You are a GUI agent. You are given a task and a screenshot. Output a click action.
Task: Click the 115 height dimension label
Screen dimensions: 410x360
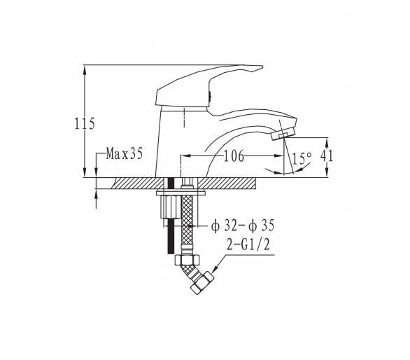point(85,123)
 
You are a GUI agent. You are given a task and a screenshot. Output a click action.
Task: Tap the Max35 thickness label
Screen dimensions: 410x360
point(125,153)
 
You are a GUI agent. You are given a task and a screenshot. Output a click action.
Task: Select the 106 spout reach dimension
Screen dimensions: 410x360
point(234,156)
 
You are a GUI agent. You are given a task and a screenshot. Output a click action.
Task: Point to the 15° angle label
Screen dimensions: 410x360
point(302,158)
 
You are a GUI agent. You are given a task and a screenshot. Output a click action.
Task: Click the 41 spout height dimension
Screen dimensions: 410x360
point(327,155)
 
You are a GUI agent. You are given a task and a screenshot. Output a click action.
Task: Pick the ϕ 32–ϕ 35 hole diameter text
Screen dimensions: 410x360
point(243,226)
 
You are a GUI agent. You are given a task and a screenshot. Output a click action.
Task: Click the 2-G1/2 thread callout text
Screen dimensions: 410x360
point(248,244)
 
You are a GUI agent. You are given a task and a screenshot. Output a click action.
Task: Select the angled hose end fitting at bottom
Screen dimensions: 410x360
point(202,283)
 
